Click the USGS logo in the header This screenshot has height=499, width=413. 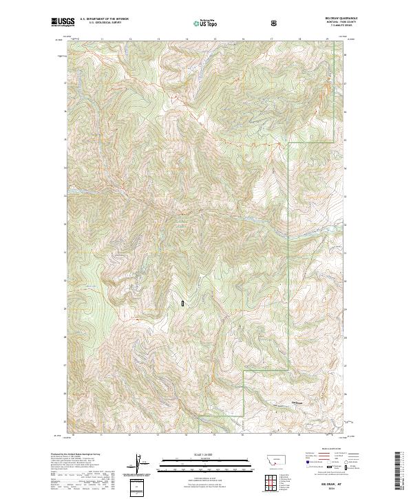pos(63,22)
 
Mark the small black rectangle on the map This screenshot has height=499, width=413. pos(182,302)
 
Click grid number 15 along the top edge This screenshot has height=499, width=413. pos(215,39)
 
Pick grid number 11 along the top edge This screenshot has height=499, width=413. pos(102,39)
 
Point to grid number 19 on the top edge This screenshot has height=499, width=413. pos(328,39)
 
